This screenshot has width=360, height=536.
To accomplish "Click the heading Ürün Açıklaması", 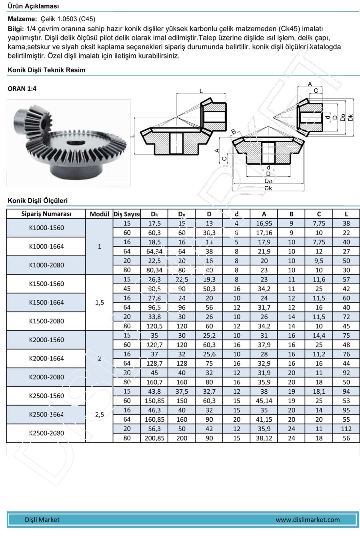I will coord(33,6).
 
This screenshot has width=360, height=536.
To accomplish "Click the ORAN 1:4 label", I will coord(22,89).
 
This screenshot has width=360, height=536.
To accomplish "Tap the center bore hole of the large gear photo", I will coord(76,142).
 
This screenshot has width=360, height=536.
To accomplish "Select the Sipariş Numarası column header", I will coord(46,214).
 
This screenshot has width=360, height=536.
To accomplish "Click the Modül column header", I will coord(100,214).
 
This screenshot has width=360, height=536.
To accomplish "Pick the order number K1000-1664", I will coord(46,247).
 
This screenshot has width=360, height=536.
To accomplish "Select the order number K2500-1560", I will coord(46,396).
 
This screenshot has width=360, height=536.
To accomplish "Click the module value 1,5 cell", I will coord(100,303).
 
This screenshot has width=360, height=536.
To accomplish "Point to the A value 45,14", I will coord(264,401).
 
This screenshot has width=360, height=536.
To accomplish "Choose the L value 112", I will coord(346,429).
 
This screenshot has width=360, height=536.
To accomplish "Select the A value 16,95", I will coord(264,223).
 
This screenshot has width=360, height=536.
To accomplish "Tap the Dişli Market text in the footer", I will coord(42,520).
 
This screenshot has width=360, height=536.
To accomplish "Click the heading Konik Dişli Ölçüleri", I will coord(38,201).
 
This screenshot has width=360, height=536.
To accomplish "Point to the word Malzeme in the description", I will coord(22,19).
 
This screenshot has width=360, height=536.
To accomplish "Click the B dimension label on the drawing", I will coord(234,132).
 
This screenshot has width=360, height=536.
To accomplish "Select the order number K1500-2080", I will coord(46,321).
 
